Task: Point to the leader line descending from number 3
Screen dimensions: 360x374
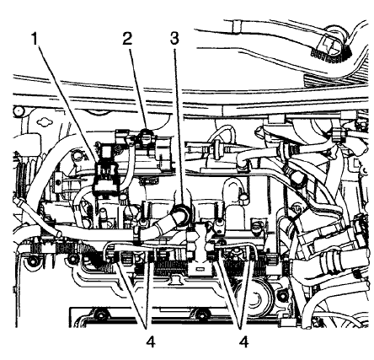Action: (x=177, y=118)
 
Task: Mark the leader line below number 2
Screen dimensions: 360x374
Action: (x=136, y=84)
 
